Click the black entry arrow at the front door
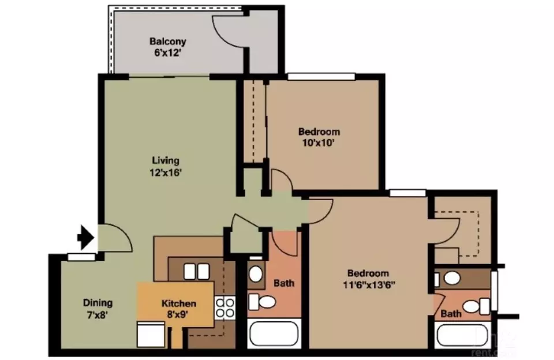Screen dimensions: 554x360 [x=85, y=238]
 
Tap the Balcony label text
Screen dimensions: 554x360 [x=167, y=42]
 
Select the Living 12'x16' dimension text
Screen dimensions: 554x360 [x=166, y=172]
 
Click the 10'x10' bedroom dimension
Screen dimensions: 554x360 [x=319, y=142]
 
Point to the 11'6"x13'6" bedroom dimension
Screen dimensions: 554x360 [x=369, y=285]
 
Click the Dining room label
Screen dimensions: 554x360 [x=98, y=302]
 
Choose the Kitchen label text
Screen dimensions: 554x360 [x=179, y=303]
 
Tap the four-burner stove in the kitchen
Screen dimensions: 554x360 [x=224, y=307]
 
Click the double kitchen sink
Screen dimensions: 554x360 [x=196, y=272]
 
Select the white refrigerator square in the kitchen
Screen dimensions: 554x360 [x=151, y=334]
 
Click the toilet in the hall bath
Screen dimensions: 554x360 [x=262, y=302]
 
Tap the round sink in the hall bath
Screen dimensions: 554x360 [x=256, y=273]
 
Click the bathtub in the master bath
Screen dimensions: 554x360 [x=462, y=336]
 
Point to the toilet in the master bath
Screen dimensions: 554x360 [x=476, y=306]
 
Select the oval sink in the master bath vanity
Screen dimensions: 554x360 [x=452, y=279]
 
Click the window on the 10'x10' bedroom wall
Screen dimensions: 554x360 [x=321, y=76]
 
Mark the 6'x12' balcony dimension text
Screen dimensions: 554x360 [x=168, y=53]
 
